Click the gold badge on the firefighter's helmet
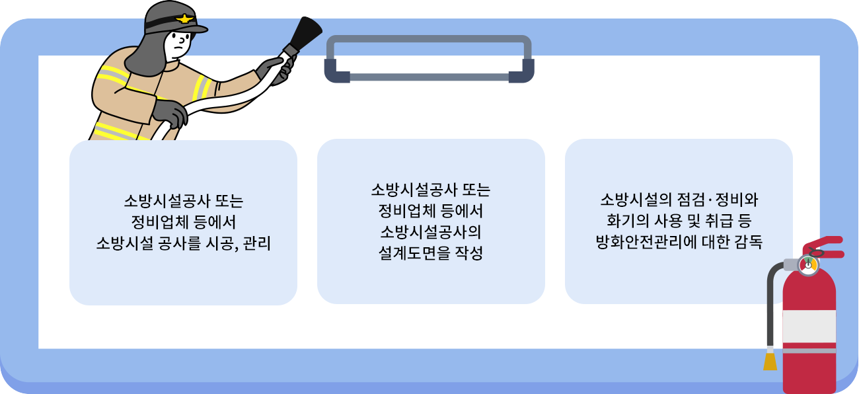[183, 19]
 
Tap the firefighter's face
[179, 45]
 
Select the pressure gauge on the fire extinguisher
[807, 265]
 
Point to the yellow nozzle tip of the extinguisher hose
[770, 362]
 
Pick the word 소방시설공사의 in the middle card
[431, 233]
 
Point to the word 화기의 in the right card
[622, 221]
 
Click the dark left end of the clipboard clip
[337, 71]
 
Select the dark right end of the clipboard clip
[521, 71]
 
